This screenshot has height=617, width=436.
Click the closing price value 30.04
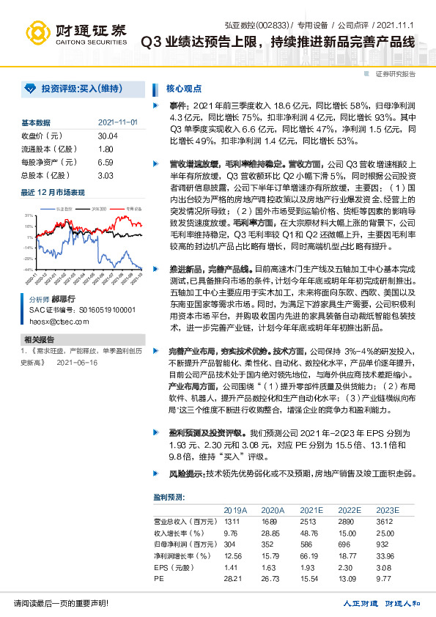click(x=107, y=136)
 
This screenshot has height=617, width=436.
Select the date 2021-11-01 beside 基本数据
click(x=118, y=122)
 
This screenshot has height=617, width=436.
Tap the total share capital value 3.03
click(x=105, y=176)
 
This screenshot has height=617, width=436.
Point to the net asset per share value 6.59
click(x=105, y=163)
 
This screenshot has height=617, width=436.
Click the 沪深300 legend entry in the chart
click(x=99, y=209)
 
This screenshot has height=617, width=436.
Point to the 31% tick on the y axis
click(x=29, y=215)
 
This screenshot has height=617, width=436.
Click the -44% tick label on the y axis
click(x=28, y=270)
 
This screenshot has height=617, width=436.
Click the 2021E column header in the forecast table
click(x=310, y=509)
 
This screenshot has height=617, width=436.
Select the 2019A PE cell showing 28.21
click(x=233, y=578)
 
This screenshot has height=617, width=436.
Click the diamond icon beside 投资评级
click(x=29, y=88)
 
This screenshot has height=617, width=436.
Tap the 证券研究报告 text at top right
click(x=396, y=74)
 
